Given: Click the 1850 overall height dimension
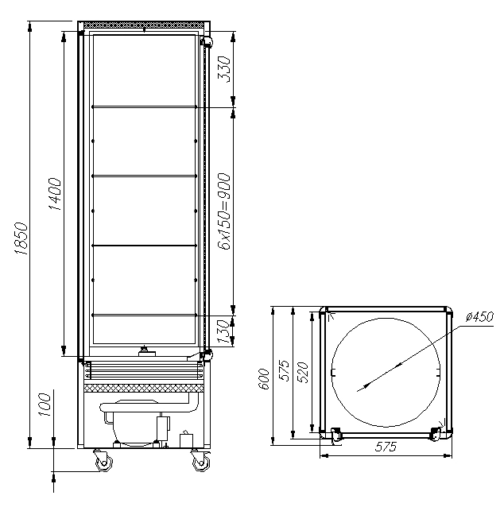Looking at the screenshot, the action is pos(21,238).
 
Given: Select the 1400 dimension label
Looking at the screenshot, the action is pos(55,194).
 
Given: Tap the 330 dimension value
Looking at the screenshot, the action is pos(224,69).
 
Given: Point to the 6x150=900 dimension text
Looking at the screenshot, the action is pos(224,211).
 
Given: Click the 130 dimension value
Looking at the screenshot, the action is pos(223,331).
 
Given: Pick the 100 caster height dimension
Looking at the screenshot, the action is pos(45,405).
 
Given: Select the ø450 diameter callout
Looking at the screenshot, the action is pos(479,317).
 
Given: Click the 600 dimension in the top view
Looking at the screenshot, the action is pos(263,379).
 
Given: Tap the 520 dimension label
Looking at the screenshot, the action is pos(303,372).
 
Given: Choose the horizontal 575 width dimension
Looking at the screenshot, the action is pos(386,446).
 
